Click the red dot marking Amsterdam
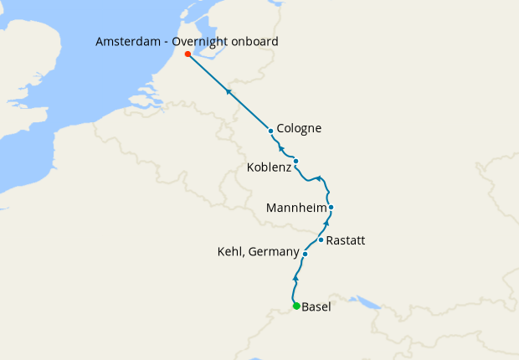[188, 54]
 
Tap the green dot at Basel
[296, 306]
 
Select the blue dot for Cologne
[270, 131]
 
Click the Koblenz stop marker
[295, 161]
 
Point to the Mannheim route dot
[331, 207]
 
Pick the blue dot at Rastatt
[321, 239]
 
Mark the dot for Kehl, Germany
[306, 254]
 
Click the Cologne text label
[299, 129]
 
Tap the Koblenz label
[269, 168]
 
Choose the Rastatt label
[345, 240]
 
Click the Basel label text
[316, 306]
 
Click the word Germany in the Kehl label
[273, 252]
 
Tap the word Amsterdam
[127, 41]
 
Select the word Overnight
[205, 41]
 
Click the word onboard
[257, 41]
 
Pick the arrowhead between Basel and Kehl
[296, 277]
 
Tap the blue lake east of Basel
[366, 300]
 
